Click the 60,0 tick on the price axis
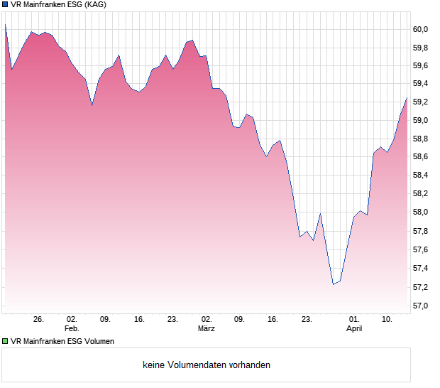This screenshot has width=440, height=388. click(x=422, y=29)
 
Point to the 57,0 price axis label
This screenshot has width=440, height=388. click(x=422, y=306)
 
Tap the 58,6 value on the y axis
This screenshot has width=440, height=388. click(x=422, y=157)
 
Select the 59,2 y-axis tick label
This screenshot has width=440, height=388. click(x=422, y=102)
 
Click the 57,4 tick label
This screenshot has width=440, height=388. click(x=422, y=269)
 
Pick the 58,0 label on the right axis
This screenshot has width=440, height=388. click(x=422, y=212)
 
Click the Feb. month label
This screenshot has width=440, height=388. click(x=72, y=329)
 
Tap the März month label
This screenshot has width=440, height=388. click(x=207, y=329)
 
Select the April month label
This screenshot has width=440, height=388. click(x=354, y=329)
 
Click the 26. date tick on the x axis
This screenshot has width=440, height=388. click(x=38, y=320)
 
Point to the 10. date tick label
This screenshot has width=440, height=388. click(x=387, y=320)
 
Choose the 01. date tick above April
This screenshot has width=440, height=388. click(x=354, y=320)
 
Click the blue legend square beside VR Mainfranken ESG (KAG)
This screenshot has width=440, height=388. click(x=5, y=5)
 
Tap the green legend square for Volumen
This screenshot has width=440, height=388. click(x=5, y=341)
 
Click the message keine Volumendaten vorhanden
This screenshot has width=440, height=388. click(x=207, y=365)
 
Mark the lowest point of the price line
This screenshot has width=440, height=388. click(x=333, y=284)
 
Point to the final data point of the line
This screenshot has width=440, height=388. click(x=407, y=97)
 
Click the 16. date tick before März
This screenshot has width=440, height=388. click(x=139, y=320)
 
